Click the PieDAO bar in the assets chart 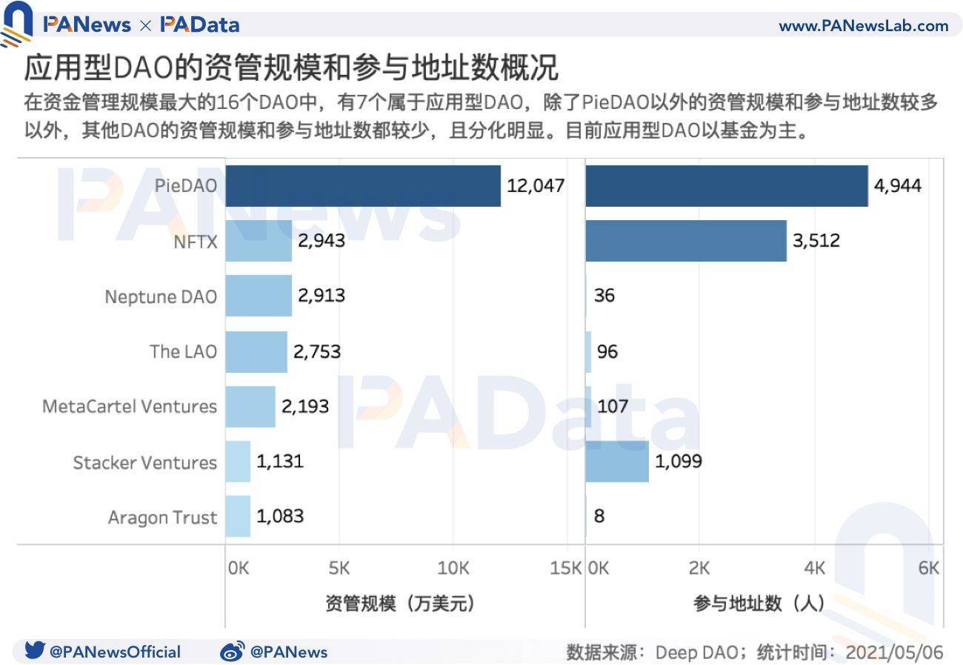click(363, 185)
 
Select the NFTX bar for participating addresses click(686, 240)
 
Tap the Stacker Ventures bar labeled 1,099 click(617, 461)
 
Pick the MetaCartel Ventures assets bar click(250, 406)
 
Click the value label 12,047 click(536, 185)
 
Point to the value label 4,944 click(898, 185)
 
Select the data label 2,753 click(317, 351)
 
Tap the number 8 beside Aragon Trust click(599, 516)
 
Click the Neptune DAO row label click(161, 297)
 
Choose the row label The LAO click(183, 351)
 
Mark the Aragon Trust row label click(162, 517)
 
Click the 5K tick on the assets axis click(339, 568)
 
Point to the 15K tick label click(566, 568)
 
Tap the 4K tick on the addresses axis click(814, 568)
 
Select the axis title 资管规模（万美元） click(399, 603)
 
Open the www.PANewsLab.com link click(863, 26)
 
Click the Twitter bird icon click(35, 651)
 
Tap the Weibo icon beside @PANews click(232, 652)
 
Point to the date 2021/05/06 click(894, 652)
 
